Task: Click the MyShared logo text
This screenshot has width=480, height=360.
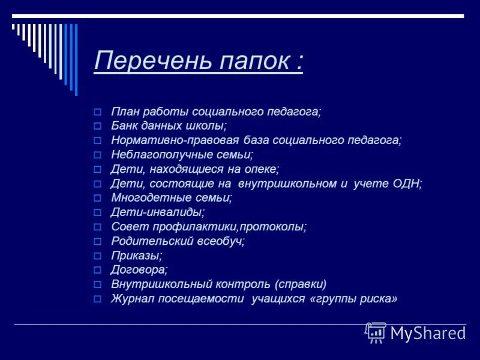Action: click(x=428, y=333)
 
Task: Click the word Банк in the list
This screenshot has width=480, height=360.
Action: click(x=124, y=126)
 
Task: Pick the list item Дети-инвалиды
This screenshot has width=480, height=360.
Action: click(x=158, y=212)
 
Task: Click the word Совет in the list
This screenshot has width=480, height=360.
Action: click(x=127, y=227)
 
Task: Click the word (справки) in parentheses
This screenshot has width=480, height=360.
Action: click(x=301, y=284)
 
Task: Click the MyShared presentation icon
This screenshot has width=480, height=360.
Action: click(x=376, y=332)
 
